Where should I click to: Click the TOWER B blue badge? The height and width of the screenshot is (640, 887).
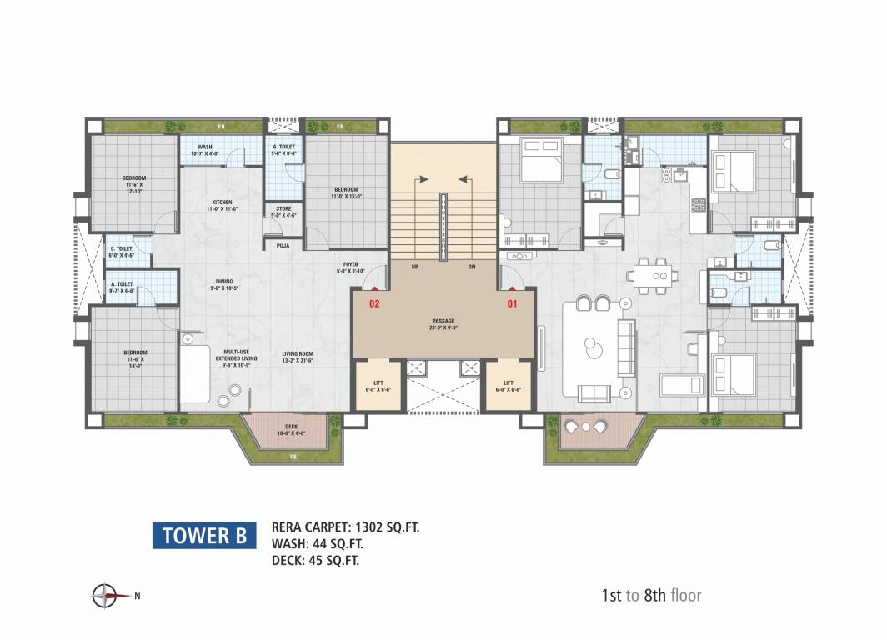[204, 536]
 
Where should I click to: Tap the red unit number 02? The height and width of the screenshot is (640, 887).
[375, 304]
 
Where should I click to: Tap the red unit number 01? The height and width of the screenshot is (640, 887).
[513, 304]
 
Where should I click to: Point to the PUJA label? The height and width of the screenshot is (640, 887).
[283, 246]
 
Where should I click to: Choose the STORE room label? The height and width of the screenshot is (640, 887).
[283, 210]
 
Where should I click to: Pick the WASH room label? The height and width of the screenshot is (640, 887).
[205, 149]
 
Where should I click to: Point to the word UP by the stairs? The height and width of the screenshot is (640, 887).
[414, 267]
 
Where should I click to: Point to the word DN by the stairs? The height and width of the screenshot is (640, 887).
[471, 267]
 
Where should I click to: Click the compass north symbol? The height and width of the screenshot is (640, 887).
[106, 595]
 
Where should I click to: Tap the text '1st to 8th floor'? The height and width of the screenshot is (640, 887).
[651, 595]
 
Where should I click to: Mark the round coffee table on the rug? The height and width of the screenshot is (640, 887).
[594, 343]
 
